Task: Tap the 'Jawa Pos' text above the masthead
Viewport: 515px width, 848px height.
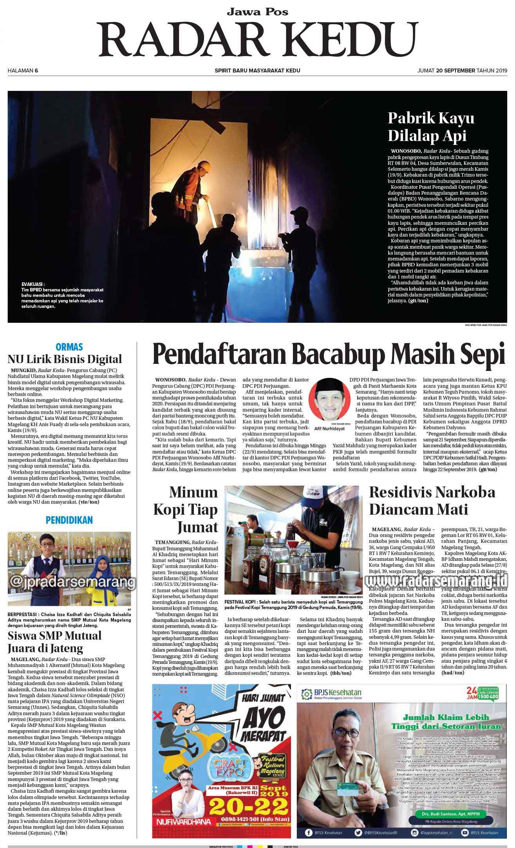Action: pos(257,12)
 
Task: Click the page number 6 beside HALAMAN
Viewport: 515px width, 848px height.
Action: pos(36,71)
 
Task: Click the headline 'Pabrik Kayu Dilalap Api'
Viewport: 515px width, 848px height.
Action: pos(431,127)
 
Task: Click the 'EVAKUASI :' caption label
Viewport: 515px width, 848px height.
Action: pos(33,284)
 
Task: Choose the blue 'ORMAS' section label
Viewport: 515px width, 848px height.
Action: pos(69,347)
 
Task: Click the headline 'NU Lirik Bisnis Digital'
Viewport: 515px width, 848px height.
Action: pos(65,359)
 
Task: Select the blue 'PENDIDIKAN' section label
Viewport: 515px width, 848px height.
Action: pos(69,520)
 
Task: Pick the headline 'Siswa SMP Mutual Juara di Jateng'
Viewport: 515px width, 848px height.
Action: pos(54,642)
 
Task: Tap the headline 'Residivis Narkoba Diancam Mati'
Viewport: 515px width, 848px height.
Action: pos(432,501)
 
